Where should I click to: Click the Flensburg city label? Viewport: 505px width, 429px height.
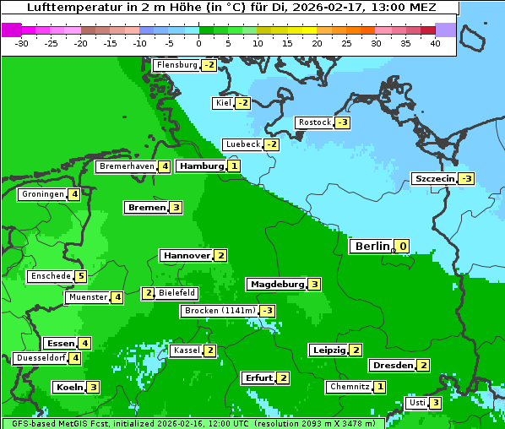[176, 65]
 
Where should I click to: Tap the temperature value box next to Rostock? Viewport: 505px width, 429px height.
[342, 122]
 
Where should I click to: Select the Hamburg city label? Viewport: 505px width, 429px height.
[201, 166]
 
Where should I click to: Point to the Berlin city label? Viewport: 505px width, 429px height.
[372, 247]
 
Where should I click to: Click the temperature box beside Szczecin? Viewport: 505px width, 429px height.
[466, 178]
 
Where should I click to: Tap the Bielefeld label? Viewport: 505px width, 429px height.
[177, 293]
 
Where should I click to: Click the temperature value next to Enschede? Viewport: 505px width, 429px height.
[80, 276]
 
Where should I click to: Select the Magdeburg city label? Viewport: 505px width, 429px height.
[276, 284]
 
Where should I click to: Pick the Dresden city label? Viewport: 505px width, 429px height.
[392, 366]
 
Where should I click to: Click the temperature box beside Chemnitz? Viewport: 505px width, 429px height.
[380, 387]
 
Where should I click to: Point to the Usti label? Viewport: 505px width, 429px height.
[416, 403]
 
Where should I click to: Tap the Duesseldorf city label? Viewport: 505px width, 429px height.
[41, 358]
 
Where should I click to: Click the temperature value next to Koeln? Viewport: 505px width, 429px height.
[93, 387]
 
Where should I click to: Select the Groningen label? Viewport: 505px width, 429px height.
[42, 194]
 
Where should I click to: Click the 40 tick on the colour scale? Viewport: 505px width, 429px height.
[435, 43]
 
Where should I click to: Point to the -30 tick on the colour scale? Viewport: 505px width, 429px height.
[22, 43]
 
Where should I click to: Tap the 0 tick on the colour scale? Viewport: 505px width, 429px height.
[198, 43]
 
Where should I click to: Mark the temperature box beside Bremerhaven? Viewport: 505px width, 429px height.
[165, 166]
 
